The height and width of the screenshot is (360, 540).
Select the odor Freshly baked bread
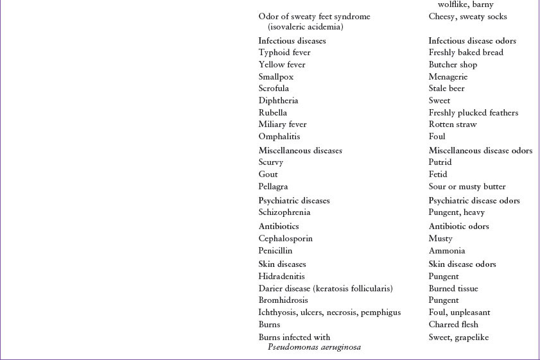click(466, 53)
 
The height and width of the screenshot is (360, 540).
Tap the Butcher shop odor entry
click(453, 65)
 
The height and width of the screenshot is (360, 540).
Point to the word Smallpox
click(276, 76)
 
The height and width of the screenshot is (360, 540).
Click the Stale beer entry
click(446, 89)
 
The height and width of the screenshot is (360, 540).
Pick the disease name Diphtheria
click(278, 101)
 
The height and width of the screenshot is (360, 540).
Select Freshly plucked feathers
click(473, 113)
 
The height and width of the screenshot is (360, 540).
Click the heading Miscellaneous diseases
click(300, 151)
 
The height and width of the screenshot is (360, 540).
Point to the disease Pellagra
click(273, 187)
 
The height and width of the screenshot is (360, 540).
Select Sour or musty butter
click(467, 187)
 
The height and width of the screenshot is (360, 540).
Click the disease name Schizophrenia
click(284, 212)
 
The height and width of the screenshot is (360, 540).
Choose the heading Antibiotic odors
click(458, 227)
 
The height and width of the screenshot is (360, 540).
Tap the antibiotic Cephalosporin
click(285, 239)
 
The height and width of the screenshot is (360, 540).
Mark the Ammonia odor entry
click(447, 251)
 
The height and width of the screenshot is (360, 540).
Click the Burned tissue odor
click(453, 289)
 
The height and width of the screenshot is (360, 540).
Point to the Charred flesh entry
click(453, 325)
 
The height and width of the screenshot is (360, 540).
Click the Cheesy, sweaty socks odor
click(467, 17)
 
